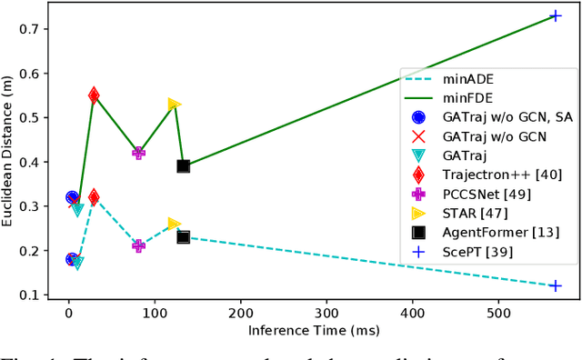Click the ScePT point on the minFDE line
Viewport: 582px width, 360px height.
(556, 16)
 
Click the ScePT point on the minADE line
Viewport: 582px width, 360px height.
(556, 285)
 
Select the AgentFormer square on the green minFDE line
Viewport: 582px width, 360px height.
(183, 166)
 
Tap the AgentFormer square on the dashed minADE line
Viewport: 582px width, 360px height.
(183, 237)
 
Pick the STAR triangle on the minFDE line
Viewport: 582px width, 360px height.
(174, 105)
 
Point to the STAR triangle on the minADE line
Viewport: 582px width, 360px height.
(174, 224)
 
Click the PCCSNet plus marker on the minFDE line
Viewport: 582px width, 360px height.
(138, 153)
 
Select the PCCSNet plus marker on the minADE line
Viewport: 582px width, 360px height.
(138, 245)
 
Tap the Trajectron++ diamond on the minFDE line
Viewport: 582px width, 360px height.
(94, 95)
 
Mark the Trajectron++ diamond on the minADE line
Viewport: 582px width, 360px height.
(94, 196)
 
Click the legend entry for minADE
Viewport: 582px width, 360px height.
(485, 80)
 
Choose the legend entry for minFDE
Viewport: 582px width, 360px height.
(485, 98)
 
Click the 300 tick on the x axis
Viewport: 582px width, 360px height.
(326, 315)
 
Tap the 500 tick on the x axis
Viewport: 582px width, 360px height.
(498, 315)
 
